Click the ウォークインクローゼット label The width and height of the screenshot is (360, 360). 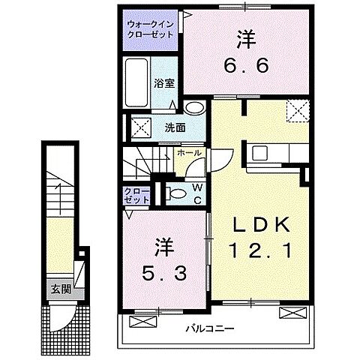[150, 28]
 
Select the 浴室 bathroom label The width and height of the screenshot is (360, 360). [164, 83]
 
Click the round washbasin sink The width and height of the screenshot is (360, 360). [194, 106]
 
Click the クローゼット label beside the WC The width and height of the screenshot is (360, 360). [138, 196]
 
